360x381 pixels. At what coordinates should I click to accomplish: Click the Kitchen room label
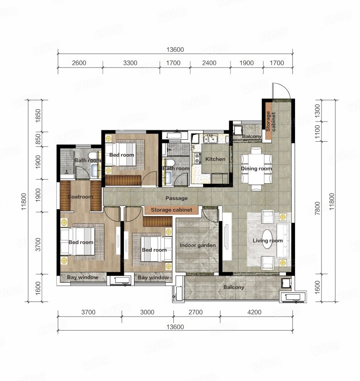215,159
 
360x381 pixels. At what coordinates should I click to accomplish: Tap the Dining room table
256,169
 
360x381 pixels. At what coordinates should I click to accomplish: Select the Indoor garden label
198,245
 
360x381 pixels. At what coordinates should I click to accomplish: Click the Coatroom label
80,197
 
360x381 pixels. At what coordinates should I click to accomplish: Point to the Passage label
177,198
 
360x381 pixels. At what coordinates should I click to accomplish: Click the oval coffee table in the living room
267,239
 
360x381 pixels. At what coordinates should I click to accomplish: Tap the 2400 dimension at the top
209,63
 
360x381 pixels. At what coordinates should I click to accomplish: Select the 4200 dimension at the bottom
254,312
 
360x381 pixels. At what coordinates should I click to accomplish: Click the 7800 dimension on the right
317,208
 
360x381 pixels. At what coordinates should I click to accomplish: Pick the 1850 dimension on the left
38,116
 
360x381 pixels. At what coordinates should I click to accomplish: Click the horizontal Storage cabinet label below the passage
172,210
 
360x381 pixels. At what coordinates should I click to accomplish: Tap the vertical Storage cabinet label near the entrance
270,122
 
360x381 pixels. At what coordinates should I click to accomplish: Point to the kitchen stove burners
197,158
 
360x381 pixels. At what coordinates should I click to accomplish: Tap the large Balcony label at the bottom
233,287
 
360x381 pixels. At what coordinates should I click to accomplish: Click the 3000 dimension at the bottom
147,312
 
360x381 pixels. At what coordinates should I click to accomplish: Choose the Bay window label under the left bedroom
82,277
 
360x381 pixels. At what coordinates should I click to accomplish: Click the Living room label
268,241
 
